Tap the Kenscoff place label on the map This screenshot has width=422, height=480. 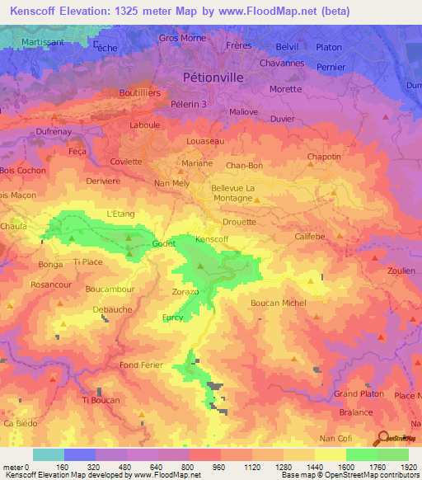[x=212, y=239]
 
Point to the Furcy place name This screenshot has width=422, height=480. [x=173, y=317]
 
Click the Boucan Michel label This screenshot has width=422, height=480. [x=278, y=303]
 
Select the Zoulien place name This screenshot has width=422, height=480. [x=401, y=270]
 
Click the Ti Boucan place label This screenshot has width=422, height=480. [x=101, y=400]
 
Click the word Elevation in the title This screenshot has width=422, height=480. [x=89, y=12]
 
